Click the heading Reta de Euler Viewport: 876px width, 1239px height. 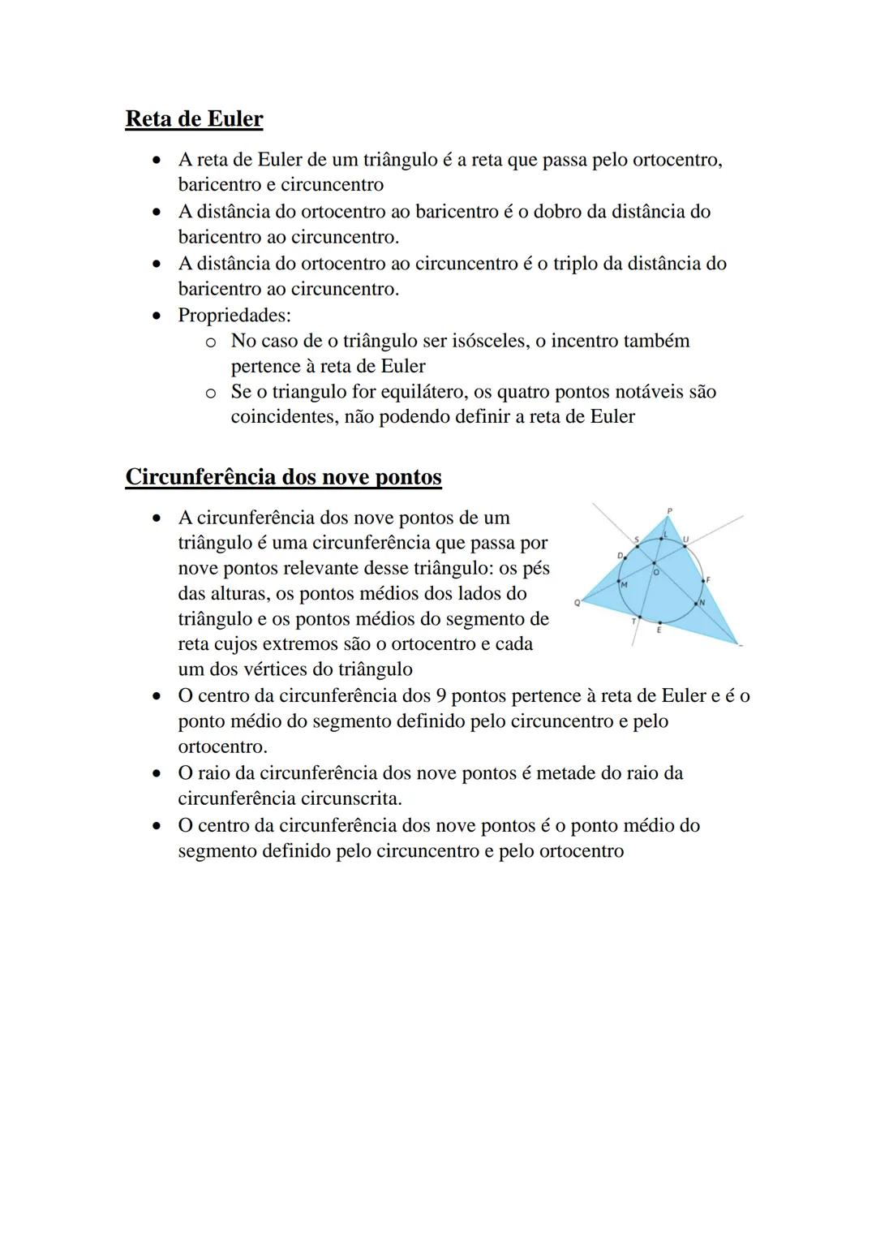click(194, 119)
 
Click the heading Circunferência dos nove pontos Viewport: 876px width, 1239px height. click(283, 476)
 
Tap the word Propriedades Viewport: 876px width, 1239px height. click(233, 315)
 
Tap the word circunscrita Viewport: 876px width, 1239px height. click(351, 798)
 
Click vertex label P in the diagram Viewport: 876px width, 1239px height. click(670, 511)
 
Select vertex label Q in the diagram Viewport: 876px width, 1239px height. click(577, 603)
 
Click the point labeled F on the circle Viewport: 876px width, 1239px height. click(703, 581)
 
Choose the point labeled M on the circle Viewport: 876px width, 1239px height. click(619, 581)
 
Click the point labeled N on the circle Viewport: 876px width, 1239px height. click(696, 604)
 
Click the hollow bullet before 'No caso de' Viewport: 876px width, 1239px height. click(210, 342)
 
